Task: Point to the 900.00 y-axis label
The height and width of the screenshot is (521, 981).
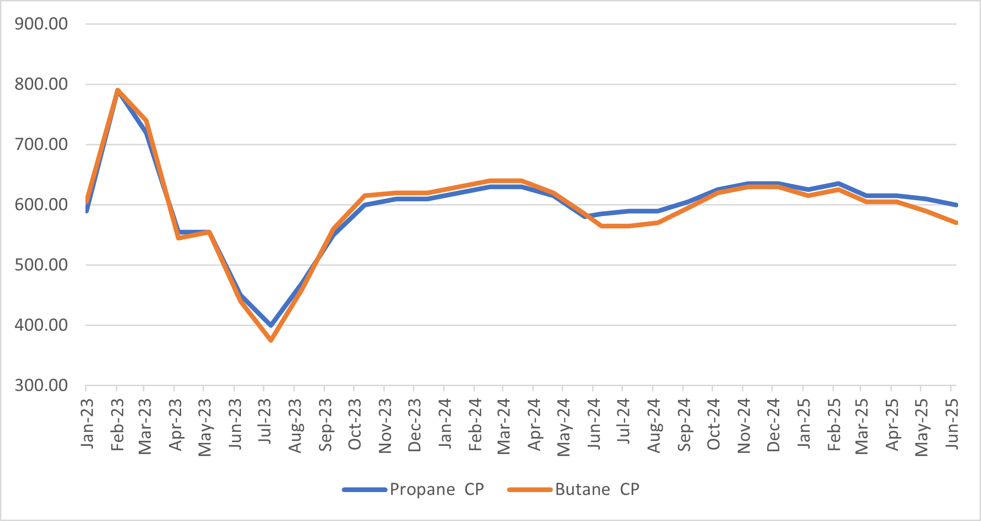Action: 41,23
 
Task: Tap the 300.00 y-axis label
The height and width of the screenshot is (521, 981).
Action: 41,385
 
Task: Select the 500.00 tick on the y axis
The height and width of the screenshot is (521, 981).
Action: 41,265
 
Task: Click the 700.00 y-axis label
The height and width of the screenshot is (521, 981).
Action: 41,144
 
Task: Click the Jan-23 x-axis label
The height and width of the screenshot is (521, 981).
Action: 87,424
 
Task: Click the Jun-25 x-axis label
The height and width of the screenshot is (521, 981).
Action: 952,424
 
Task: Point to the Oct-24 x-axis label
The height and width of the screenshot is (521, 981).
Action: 713,424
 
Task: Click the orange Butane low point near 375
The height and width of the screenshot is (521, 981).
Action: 271,340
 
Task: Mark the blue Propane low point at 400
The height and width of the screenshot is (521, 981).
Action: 271,324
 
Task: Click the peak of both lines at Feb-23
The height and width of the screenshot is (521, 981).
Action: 118,90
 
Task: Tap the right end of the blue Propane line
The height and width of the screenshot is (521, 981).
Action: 956,205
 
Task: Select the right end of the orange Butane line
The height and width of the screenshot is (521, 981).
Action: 956,223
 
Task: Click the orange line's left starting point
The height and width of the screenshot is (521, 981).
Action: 87,199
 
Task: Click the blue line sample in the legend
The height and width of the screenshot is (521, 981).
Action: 365,490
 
